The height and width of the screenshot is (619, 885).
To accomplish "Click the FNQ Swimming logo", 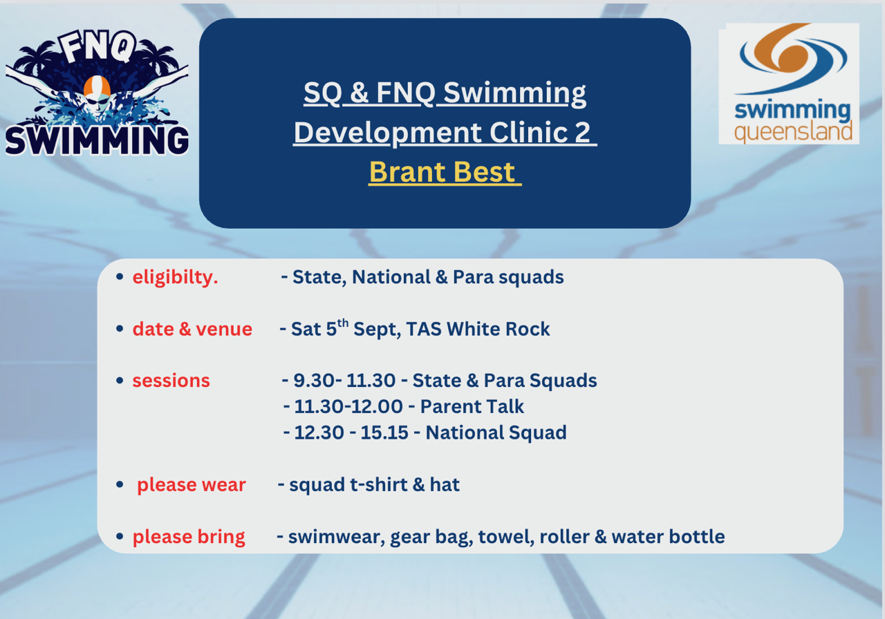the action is (x=97, y=93).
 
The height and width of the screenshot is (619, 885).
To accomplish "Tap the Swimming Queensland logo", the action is (x=789, y=84).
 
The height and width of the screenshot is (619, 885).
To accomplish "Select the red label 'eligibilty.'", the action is (x=175, y=277).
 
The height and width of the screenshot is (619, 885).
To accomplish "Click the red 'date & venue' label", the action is (x=192, y=329).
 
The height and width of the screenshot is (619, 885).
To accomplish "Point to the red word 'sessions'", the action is (x=171, y=381).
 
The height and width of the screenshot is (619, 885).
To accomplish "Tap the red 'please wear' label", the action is (x=192, y=485).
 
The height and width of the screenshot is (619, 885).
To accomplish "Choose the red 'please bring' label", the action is (x=189, y=537).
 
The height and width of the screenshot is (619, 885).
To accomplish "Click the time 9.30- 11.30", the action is (x=344, y=381).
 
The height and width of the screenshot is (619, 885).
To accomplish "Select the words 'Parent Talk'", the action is (x=472, y=407).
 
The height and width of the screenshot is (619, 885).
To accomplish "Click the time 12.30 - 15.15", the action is (x=351, y=432).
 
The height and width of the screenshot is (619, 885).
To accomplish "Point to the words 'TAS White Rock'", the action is (x=478, y=329).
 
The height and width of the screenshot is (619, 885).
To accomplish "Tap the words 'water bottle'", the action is (x=668, y=537).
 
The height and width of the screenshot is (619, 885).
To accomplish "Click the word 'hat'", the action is (x=445, y=484).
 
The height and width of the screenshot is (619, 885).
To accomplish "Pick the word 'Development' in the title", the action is (x=387, y=133).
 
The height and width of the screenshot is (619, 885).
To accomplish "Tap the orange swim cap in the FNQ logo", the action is (x=97, y=86).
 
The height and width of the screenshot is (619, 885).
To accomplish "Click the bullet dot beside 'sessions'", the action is (x=120, y=381).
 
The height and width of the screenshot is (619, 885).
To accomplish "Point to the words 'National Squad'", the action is (x=496, y=432).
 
